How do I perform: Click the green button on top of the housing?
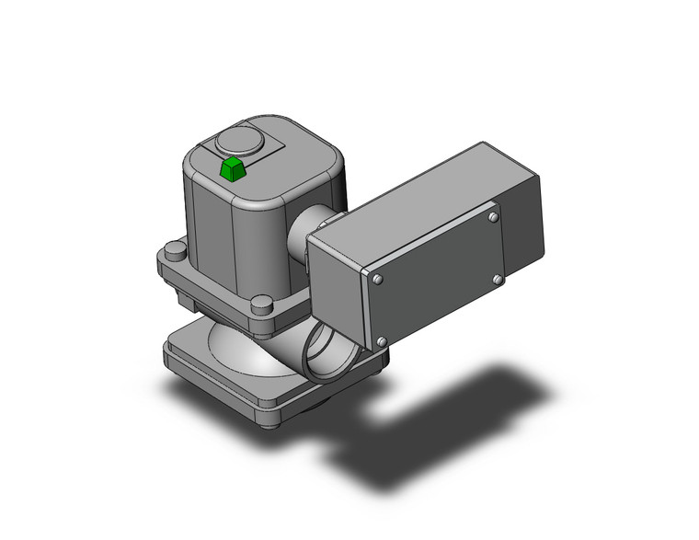pyautogui.click(x=233, y=169)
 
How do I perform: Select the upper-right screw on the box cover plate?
pyautogui.click(x=494, y=218)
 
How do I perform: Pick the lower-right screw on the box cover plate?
pyautogui.click(x=498, y=279)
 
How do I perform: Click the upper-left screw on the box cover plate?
pyautogui.click(x=377, y=277)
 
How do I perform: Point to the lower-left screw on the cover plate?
pyautogui.click(x=380, y=341)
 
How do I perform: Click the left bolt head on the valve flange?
pyautogui.click(x=174, y=250)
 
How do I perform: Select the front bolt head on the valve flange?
pyautogui.click(x=262, y=304)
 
